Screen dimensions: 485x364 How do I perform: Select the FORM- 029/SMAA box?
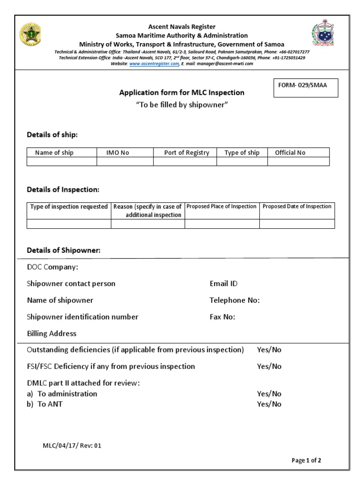click(x=306, y=88)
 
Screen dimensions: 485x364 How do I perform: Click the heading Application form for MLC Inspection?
click(x=182, y=92)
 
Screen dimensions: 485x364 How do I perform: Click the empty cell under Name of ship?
click(x=62, y=162)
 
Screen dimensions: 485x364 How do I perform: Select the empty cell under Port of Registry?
click(x=185, y=162)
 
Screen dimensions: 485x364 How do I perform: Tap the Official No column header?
click(x=290, y=153)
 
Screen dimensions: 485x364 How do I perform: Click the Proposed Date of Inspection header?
click(x=297, y=207)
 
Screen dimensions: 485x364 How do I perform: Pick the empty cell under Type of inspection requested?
click(x=69, y=224)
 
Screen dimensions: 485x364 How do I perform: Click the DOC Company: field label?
click(x=53, y=267)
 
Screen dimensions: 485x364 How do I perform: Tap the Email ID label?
click(x=223, y=284)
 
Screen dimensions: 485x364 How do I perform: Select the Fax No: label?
click(x=222, y=317)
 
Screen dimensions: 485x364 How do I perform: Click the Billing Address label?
click(x=52, y=333)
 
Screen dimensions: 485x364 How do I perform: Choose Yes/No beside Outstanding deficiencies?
click(x=269, y=350)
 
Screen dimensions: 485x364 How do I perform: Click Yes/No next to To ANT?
click(x=269, y=404)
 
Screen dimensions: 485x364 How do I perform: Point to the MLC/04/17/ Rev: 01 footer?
click(x=72, y=445)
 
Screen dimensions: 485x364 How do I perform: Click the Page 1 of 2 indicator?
click(x=306, y=460)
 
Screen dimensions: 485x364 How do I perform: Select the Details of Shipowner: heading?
click(x=64, y=250)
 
